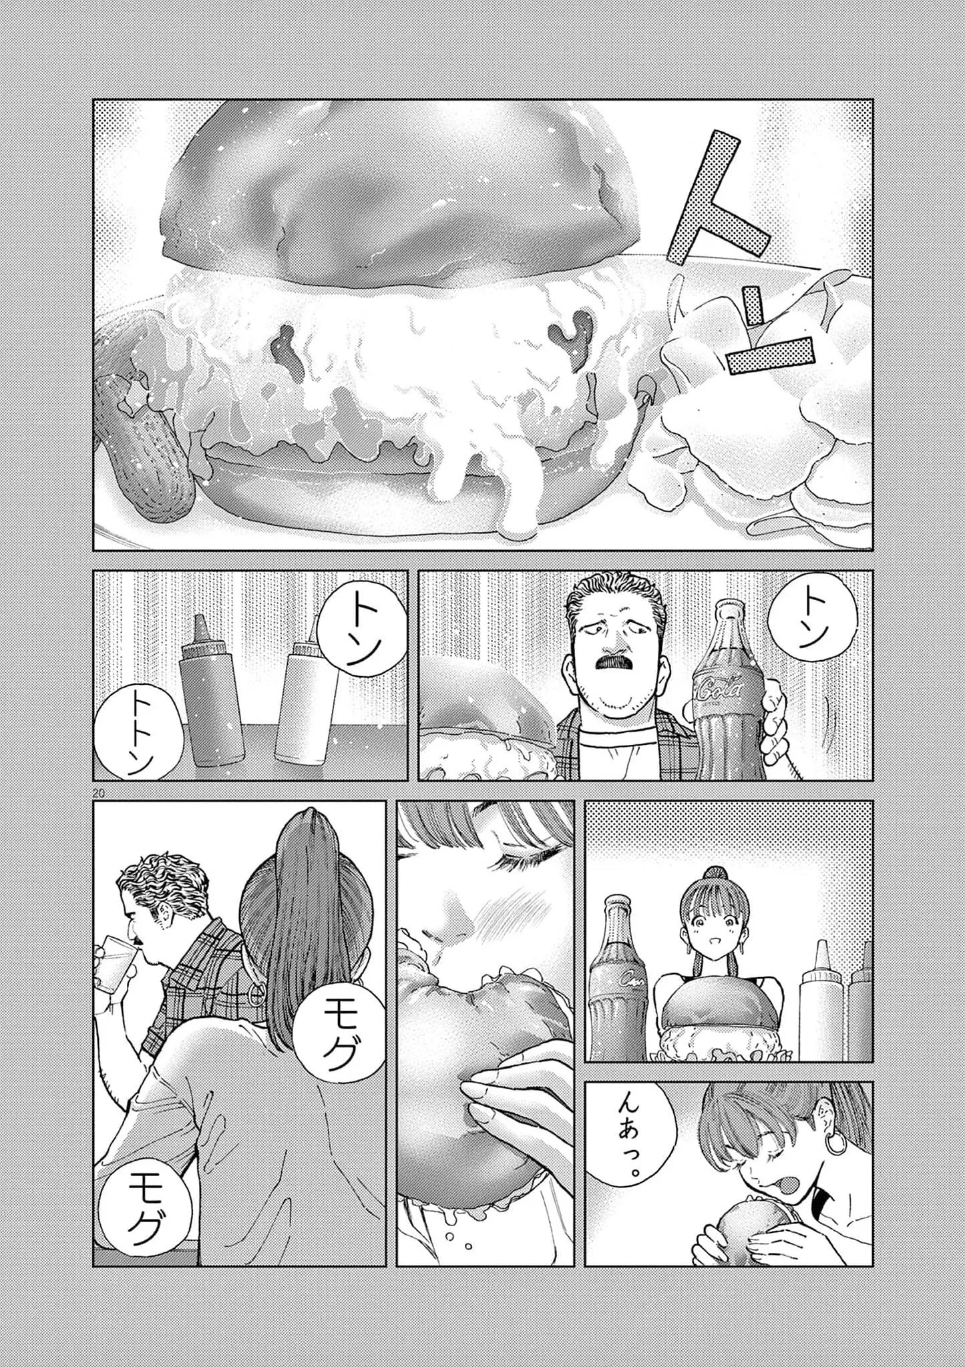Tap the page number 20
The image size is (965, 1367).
(x=100, y=792)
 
